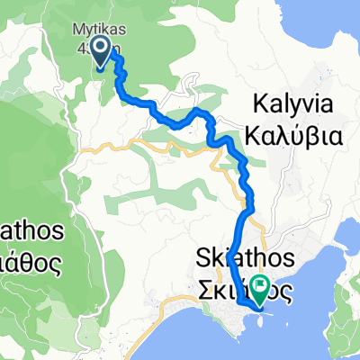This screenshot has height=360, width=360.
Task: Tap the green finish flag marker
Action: (262, 289)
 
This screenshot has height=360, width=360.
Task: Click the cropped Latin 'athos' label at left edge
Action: (32, 231)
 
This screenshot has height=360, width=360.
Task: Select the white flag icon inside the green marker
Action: (262, 288)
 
